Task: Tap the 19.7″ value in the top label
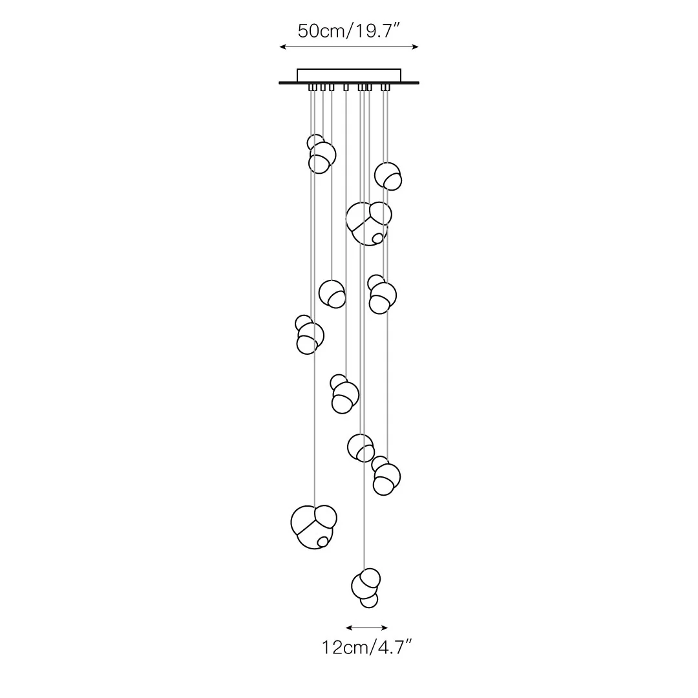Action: coord(375,31)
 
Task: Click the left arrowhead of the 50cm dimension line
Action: coord(282,47)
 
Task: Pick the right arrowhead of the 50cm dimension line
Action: coord(416,47)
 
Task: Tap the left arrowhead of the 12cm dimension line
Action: coord(348,628)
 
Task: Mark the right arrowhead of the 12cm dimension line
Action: coord(385,628)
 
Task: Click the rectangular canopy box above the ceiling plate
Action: coord(349,75)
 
